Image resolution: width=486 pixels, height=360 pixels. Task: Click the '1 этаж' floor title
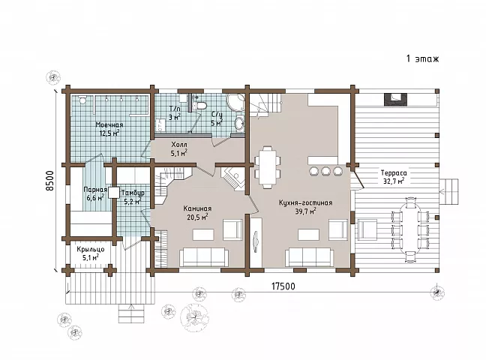(x=422, y=58)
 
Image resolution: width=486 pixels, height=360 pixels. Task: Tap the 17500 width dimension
(x=283, y=286)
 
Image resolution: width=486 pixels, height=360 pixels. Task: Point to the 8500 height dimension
(x=50, y=181)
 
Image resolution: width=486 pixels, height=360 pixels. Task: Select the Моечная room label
(x=109, y=125)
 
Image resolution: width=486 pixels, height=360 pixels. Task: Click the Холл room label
(x=179, y=145)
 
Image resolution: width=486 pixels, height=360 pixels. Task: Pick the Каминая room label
(x=197, y=208)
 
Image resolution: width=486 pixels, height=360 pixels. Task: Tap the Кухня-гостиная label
(x=305, y=202)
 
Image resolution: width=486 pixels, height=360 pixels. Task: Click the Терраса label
(x=394, y=173)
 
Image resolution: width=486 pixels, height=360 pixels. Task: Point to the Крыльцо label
(x=91, y=249)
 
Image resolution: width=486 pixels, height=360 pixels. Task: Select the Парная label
(x=95, y=190)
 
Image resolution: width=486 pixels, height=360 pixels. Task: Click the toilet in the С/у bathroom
(x=202, y=106)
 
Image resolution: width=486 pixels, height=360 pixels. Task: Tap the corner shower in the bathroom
(x=235, y=103)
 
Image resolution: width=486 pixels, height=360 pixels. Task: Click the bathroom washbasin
(x=239, y=124)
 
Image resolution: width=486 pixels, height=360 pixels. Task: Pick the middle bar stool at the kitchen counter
(x=325, y=171)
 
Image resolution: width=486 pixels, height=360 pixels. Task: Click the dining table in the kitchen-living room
(x=267, y=166)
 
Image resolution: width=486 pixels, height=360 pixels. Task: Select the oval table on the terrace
(x=410, y=229)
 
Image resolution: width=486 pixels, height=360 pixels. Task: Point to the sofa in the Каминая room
(x=204, y=257)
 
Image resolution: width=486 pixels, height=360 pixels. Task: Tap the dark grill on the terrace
(x=394, y=99)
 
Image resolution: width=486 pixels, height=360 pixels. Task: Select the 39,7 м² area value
(x=305, y=211)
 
